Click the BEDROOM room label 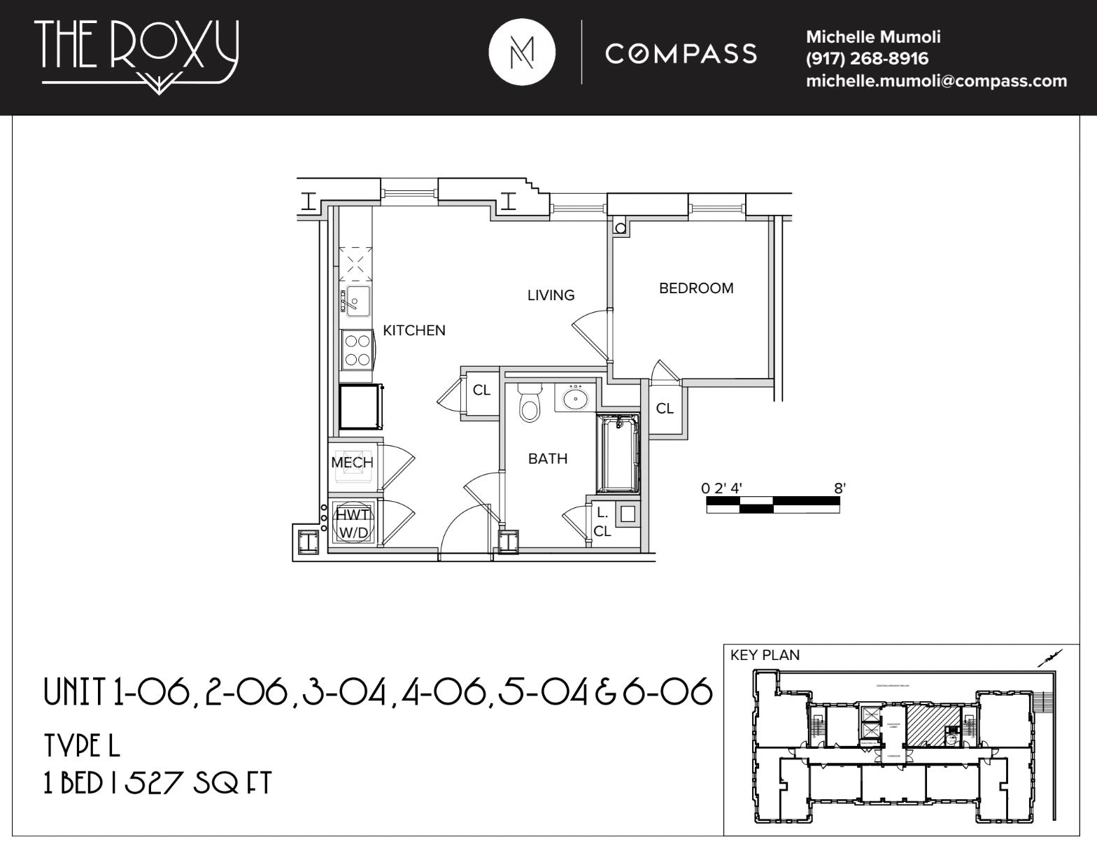pyautogui.click(x=696, y=288)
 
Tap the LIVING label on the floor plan pyautogui.click(x=551, y=295)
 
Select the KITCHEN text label pyautogui.click(x=413, y=330)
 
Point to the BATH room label pyautogui.click(x=547, y=459)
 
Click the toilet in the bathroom pyautogui.click(x=530, y=403)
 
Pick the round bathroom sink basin pyautogui.click(x=575, y=399)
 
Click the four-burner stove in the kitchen pyautogui.click(x=358, y=351)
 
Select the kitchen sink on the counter pyautogui.click(x=356, y=301)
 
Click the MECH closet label pyautogui.click(x=352, y=463)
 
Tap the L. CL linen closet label pyautogui.click(x=602, y=522)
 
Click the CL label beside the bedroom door pyautogui.click(x=665, y=408)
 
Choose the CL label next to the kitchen pyautogui.click(x=481, y=391)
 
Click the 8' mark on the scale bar pyautogui.click(x=840, y=488)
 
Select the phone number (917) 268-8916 pyautogui.click(x=867, y=59)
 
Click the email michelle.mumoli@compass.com pyautogui.click(x=936, y=81)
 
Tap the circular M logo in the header pyautogui.click(x=522, y=52)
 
